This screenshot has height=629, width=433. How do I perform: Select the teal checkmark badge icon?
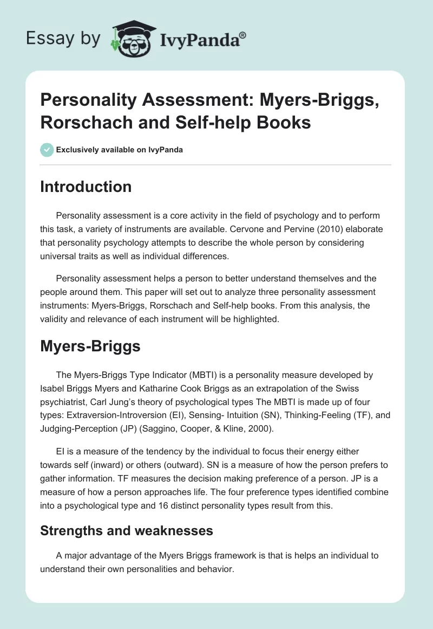tap(47, 150)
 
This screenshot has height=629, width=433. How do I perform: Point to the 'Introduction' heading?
tap(86, 187)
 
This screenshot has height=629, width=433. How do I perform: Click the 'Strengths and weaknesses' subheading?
tap(127, 531)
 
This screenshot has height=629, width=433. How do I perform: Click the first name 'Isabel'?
tap(53, 388)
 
